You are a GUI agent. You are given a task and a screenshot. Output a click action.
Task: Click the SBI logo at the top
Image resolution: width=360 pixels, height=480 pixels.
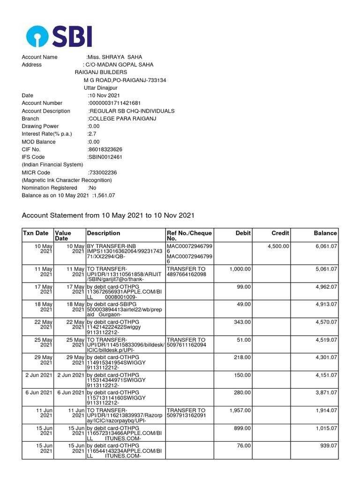point(59,36)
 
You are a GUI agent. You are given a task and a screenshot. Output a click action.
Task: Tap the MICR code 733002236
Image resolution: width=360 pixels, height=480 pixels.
point(103,172)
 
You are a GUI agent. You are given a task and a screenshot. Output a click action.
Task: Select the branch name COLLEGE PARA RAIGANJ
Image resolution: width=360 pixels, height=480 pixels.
point(122,119)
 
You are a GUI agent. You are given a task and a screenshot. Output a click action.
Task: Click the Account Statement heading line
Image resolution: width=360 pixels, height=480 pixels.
point(108,215)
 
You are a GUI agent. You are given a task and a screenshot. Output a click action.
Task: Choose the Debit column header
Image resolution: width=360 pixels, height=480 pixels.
point(243,233)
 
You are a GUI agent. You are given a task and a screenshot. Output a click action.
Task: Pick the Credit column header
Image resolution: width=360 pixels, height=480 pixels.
point(280,233)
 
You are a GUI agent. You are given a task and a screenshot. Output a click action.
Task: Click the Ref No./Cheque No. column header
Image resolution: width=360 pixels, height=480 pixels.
point(189,236)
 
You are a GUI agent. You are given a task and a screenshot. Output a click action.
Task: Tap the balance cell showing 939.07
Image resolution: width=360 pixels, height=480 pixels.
point(329,446)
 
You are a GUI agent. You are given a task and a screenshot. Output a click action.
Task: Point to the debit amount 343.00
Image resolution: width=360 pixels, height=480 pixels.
point(242,323)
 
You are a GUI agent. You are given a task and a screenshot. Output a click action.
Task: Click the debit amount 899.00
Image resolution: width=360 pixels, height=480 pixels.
point(242,428)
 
